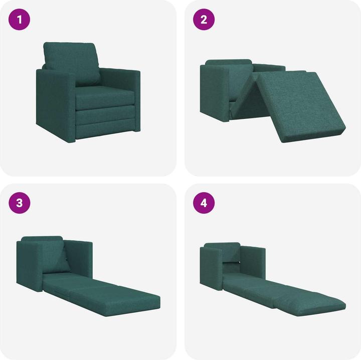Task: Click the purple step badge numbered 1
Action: (20, 20)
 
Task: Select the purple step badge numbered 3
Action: (20, 203)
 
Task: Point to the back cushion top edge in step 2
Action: (228, 62)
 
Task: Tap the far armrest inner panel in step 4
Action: (253, 263)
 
